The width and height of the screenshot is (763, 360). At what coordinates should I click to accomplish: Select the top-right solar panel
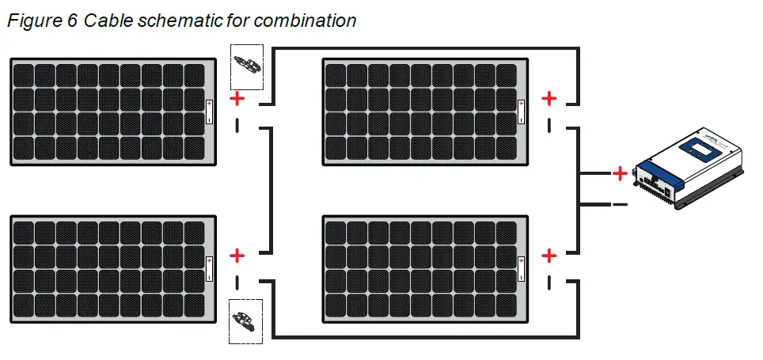[426, 112]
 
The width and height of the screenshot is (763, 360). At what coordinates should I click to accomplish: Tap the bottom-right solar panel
[426, 269]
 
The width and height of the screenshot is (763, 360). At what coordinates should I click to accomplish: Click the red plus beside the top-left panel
[237, 98]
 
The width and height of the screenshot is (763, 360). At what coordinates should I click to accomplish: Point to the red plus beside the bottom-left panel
[237, 256]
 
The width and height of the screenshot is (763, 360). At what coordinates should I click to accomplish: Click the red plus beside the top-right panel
[549, 98]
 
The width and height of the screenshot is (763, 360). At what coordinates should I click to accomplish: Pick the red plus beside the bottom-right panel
[549, 256]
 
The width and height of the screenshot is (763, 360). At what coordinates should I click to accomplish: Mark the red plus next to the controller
[620, 172]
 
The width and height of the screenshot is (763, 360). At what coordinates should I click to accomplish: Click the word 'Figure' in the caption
[32, 21]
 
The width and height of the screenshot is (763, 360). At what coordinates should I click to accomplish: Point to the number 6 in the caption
[71, 21]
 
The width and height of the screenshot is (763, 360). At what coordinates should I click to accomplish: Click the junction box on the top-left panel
[209, 112]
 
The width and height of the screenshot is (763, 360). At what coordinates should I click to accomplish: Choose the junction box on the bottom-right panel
[522, 269]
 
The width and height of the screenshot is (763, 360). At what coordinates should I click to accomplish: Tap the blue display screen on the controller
[702, 148]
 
